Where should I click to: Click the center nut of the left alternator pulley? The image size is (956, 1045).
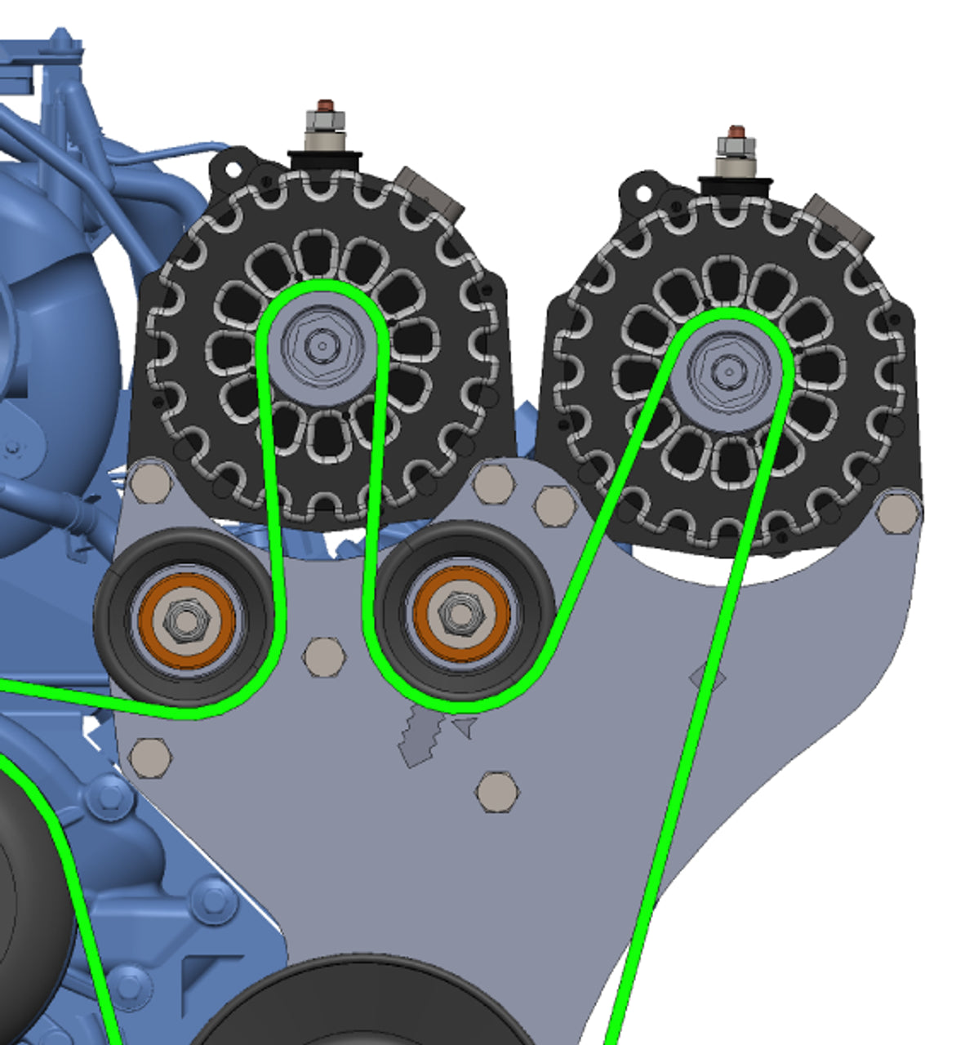[322, 346]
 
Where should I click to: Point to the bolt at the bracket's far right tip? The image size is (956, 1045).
[898, 511]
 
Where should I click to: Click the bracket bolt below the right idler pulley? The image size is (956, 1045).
[497, 790]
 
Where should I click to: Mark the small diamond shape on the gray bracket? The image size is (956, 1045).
[707, 677]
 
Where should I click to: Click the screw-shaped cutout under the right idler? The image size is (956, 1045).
[420, 736]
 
